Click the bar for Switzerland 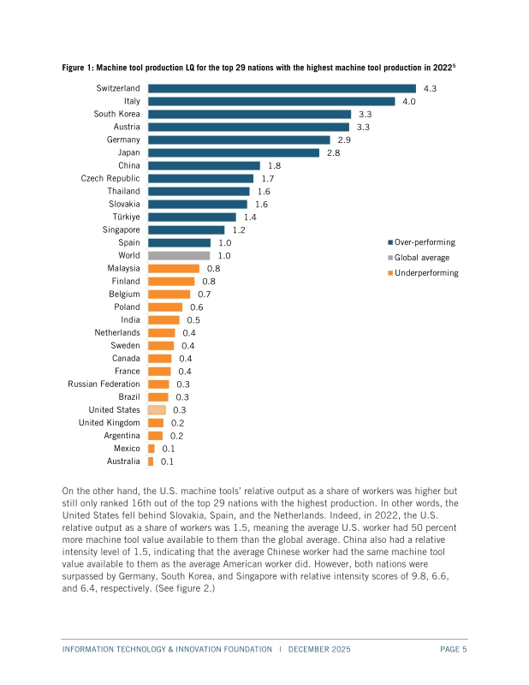point(282,88)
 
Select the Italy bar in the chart point(271,101)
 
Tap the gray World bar point(179,255)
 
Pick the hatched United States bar point(157,410)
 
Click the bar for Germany point(239,140)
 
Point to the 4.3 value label point(431,88)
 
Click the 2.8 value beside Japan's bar point(334,152)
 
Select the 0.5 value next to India point(193,320)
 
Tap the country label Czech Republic point(110,178)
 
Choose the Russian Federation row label point(104,384)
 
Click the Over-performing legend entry point(425,242)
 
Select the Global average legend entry point(421,258)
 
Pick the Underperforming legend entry point(426,273)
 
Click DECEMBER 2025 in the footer point(319,650)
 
